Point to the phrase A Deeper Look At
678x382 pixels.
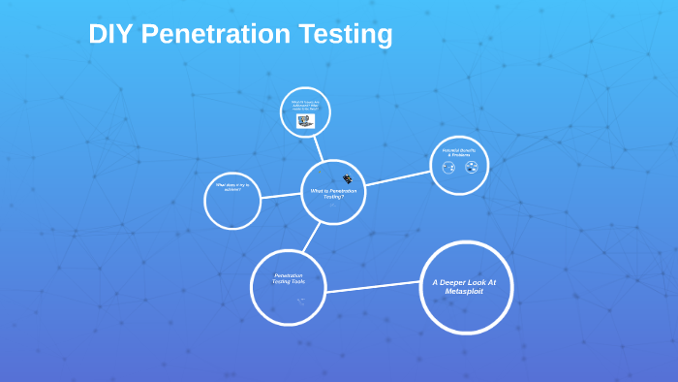click(x=466, y=282)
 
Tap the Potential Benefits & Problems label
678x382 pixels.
click(x=460, y=152)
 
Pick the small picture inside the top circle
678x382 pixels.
click(x=305, y=121)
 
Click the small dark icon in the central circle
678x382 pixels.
click(x=347, y=178)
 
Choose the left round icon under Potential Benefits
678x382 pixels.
click(x=448, y=168)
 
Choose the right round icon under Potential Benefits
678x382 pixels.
click(x=472, y=168)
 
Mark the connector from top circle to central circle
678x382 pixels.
click(x=318, y=148)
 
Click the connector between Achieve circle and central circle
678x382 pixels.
click(x=281, y=196)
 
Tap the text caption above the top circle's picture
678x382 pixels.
click(x=305, y=104)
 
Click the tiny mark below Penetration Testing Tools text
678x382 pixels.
click(x=301, y=302)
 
